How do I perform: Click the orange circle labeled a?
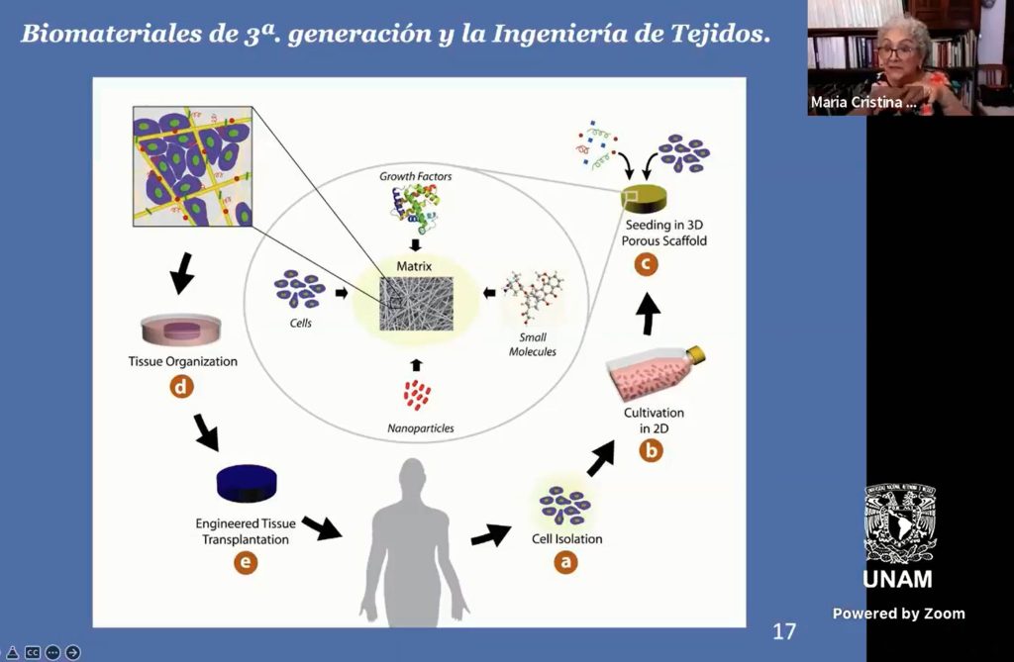click(x=565, y=562)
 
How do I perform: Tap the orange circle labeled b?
click(x=651, y=450)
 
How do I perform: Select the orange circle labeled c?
click(x=646, y=264)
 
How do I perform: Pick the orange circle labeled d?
click(x=182, y=387)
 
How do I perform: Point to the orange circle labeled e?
click(x=246, y=562)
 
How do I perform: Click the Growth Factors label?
click(x=415, y=176)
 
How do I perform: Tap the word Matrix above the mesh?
click(x=414, y=266)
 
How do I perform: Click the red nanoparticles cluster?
click(x=417, y=395)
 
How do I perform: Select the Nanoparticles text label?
click(x=420, y=427)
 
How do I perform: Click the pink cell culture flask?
click(x=655, y=376)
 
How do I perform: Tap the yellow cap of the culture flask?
click(x=696, y=354)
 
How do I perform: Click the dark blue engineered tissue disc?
click(x=247, y=484)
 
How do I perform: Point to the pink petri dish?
click(x=181, y=330)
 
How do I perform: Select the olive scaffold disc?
click(x=644, y=199)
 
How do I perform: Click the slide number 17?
click(x=784, y=631)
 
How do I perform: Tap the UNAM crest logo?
click(x=899, y=523)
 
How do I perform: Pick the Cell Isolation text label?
click(x=567, y=538)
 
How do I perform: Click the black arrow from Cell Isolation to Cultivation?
click(x=601, y=459)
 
